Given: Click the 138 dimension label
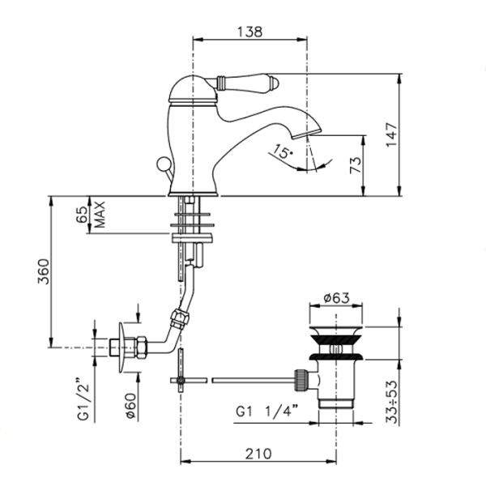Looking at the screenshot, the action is tap(249, 32).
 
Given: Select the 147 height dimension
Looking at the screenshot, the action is tap(392, 135).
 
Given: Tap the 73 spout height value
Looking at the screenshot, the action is tap(356, 165).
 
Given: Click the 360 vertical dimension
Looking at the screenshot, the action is tap(44, 272).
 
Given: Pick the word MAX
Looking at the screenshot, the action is tap(100, 215).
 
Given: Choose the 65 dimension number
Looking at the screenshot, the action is tap(82, 215).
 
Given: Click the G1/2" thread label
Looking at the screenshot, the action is tap(83, 399).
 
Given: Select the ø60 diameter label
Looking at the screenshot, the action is tap(130, 407).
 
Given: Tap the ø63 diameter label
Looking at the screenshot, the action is tap(336, 298).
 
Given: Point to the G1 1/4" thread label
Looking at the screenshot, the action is tap(267, 411).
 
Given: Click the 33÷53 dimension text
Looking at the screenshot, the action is tap(392, 402).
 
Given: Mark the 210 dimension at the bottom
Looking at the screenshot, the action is tap(258, 454).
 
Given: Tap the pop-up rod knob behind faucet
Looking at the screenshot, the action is tap(164, 164).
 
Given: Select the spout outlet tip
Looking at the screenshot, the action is tap(306, 134).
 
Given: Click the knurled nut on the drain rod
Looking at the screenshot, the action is tap(302, 380).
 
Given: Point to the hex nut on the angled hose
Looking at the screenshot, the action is tap(179, 318).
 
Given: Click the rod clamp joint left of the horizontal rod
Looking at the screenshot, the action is tap(181, 380).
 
